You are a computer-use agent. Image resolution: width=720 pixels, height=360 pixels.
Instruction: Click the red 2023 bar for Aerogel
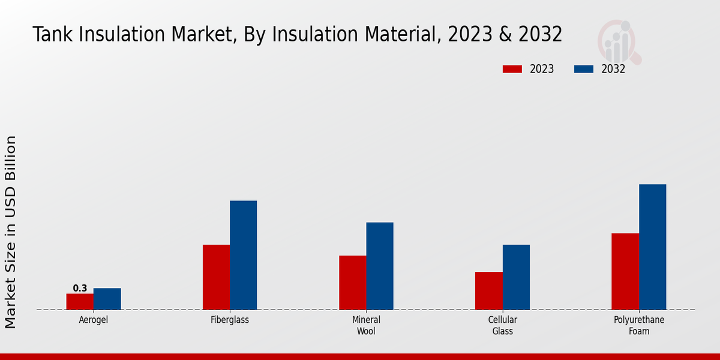click(x=80, y=302)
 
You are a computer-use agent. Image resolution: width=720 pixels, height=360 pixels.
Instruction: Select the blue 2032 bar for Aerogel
click(x=107, y=299)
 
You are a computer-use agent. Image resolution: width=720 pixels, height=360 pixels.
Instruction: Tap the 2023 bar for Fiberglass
click(x=216, y=277)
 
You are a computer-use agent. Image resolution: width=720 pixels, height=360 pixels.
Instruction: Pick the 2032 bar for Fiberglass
click(x=243, y=255)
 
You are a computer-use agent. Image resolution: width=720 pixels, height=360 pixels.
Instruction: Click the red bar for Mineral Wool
click(x=352, y=283)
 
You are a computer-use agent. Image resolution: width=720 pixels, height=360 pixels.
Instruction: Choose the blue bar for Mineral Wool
click(x=380, y=266)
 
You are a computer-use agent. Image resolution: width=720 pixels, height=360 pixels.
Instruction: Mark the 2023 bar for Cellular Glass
click(x=488, y=291)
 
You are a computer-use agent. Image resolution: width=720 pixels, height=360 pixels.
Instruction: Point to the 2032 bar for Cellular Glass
click(x=516, y=277)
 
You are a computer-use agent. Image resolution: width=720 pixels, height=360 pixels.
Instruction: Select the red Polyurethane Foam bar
click(x=625, y=271)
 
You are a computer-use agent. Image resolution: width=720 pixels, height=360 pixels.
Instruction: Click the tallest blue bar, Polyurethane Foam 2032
click(x=652, y=247)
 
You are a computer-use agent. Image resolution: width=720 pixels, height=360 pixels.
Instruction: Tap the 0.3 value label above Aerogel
click(x=80, y=288)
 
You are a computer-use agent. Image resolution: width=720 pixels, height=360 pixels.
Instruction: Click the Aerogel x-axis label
click(x=94, y=320)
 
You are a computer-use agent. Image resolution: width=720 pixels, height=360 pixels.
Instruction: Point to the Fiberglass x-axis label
click(x=230, y=320)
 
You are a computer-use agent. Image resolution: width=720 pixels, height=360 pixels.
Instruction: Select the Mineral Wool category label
click(x=366, y=325)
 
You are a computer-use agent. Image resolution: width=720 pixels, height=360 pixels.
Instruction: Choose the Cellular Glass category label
click(x=502, y=325)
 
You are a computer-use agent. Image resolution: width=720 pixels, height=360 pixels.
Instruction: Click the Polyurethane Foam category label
click(x=638, y=325)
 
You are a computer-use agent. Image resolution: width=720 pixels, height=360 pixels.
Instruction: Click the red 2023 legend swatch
click(x=512, y=69)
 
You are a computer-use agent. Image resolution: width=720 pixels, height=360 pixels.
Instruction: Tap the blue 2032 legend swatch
click(x=584, y=69)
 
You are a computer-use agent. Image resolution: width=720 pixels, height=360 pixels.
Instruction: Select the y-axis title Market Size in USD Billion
click(x=11, y=232)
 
